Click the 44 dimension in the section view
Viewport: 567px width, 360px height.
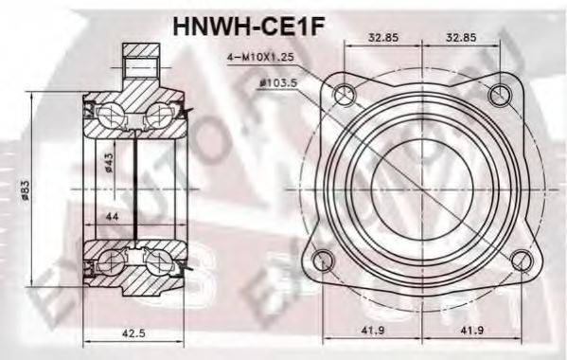113,217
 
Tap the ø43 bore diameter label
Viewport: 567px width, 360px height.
109,163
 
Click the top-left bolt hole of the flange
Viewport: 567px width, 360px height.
346,94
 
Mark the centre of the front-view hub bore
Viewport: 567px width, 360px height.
424,175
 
